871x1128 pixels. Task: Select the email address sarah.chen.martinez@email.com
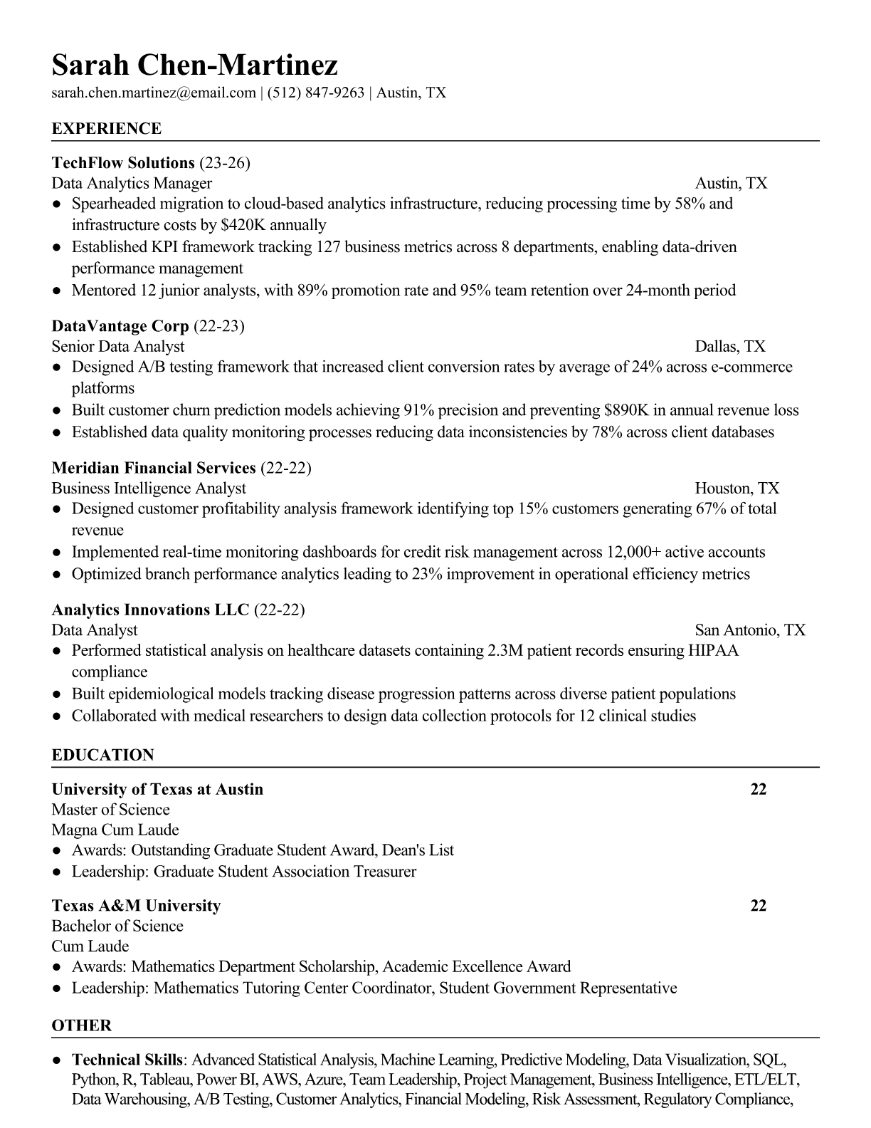(154, 93)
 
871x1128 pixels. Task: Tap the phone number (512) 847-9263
(315, 93)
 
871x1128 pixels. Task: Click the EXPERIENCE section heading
(107, 129)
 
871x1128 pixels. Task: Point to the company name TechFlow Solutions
(123, 163)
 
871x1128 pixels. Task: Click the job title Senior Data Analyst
(118, 347)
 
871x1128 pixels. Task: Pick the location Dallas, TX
(730, 347)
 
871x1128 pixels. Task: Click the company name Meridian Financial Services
(154, 468)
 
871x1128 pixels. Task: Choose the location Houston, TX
(737, 489)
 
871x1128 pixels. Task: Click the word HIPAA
(714, 651)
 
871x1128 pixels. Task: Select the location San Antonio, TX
(750, 630)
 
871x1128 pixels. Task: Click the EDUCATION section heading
(102, 755)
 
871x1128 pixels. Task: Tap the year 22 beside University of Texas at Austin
(759, 790)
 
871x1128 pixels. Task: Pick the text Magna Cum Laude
(115, 830)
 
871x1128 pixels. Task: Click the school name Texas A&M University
(136, 906)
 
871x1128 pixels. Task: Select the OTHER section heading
(81, 1025)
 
